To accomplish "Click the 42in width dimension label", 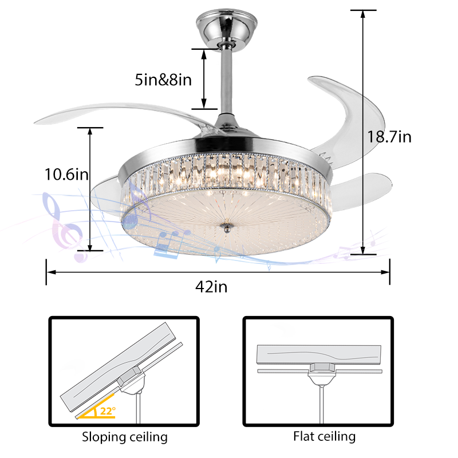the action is click(211, 287).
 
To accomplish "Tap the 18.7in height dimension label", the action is click(389, 137).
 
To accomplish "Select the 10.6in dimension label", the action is click(66, 175).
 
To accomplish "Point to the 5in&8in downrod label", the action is click(163, 80).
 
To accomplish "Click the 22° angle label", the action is click(108, 411).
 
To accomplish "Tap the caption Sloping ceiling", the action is click(125, 437).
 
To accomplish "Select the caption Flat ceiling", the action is click(324, 437).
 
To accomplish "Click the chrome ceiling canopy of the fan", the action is click(227, 29).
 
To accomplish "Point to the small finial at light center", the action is click(226, 227).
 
